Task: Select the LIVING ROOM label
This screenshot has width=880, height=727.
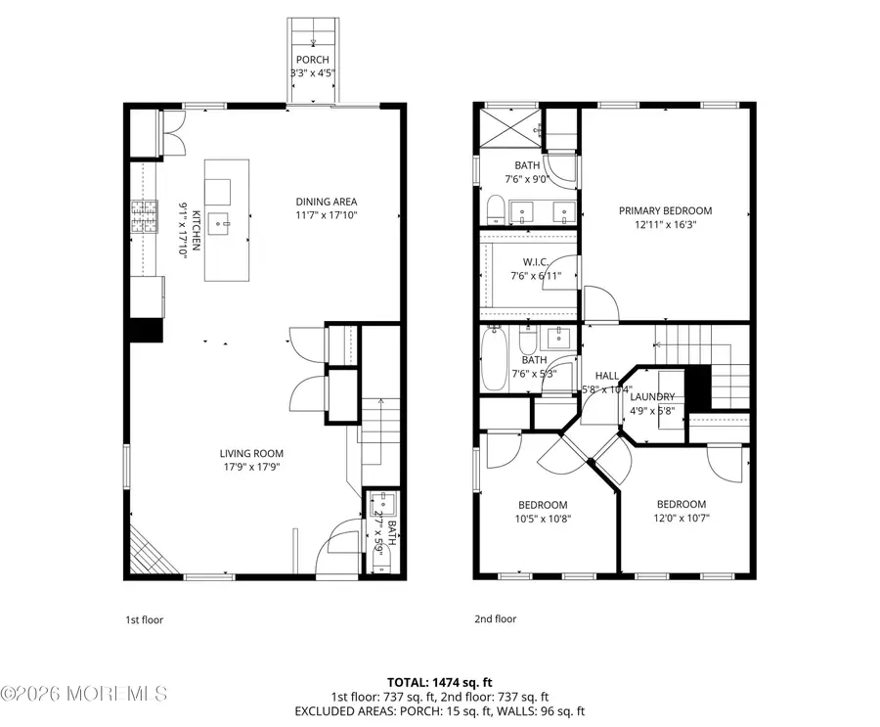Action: pyautogui.click(x=250, y=453)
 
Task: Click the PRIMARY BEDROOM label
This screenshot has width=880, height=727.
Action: pyautogui.click(x=665, y=210)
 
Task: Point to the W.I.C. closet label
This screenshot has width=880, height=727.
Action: pyautogui.click(x=533, y=260)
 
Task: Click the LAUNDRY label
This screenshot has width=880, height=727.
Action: pyautogui.click(x=652, y=396)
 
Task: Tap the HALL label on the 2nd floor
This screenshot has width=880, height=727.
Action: pyautogui.click(x=607, y=376)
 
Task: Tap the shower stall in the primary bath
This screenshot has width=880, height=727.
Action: pyautogui.click(x=509, y=125)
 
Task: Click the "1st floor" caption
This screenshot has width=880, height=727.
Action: pyautogui.click(x=145, y=618)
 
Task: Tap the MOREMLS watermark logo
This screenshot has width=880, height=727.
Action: pyautogui.click(x=85, y=693)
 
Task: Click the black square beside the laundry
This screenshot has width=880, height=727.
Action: pyautogui.click(x=697, y=386)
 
